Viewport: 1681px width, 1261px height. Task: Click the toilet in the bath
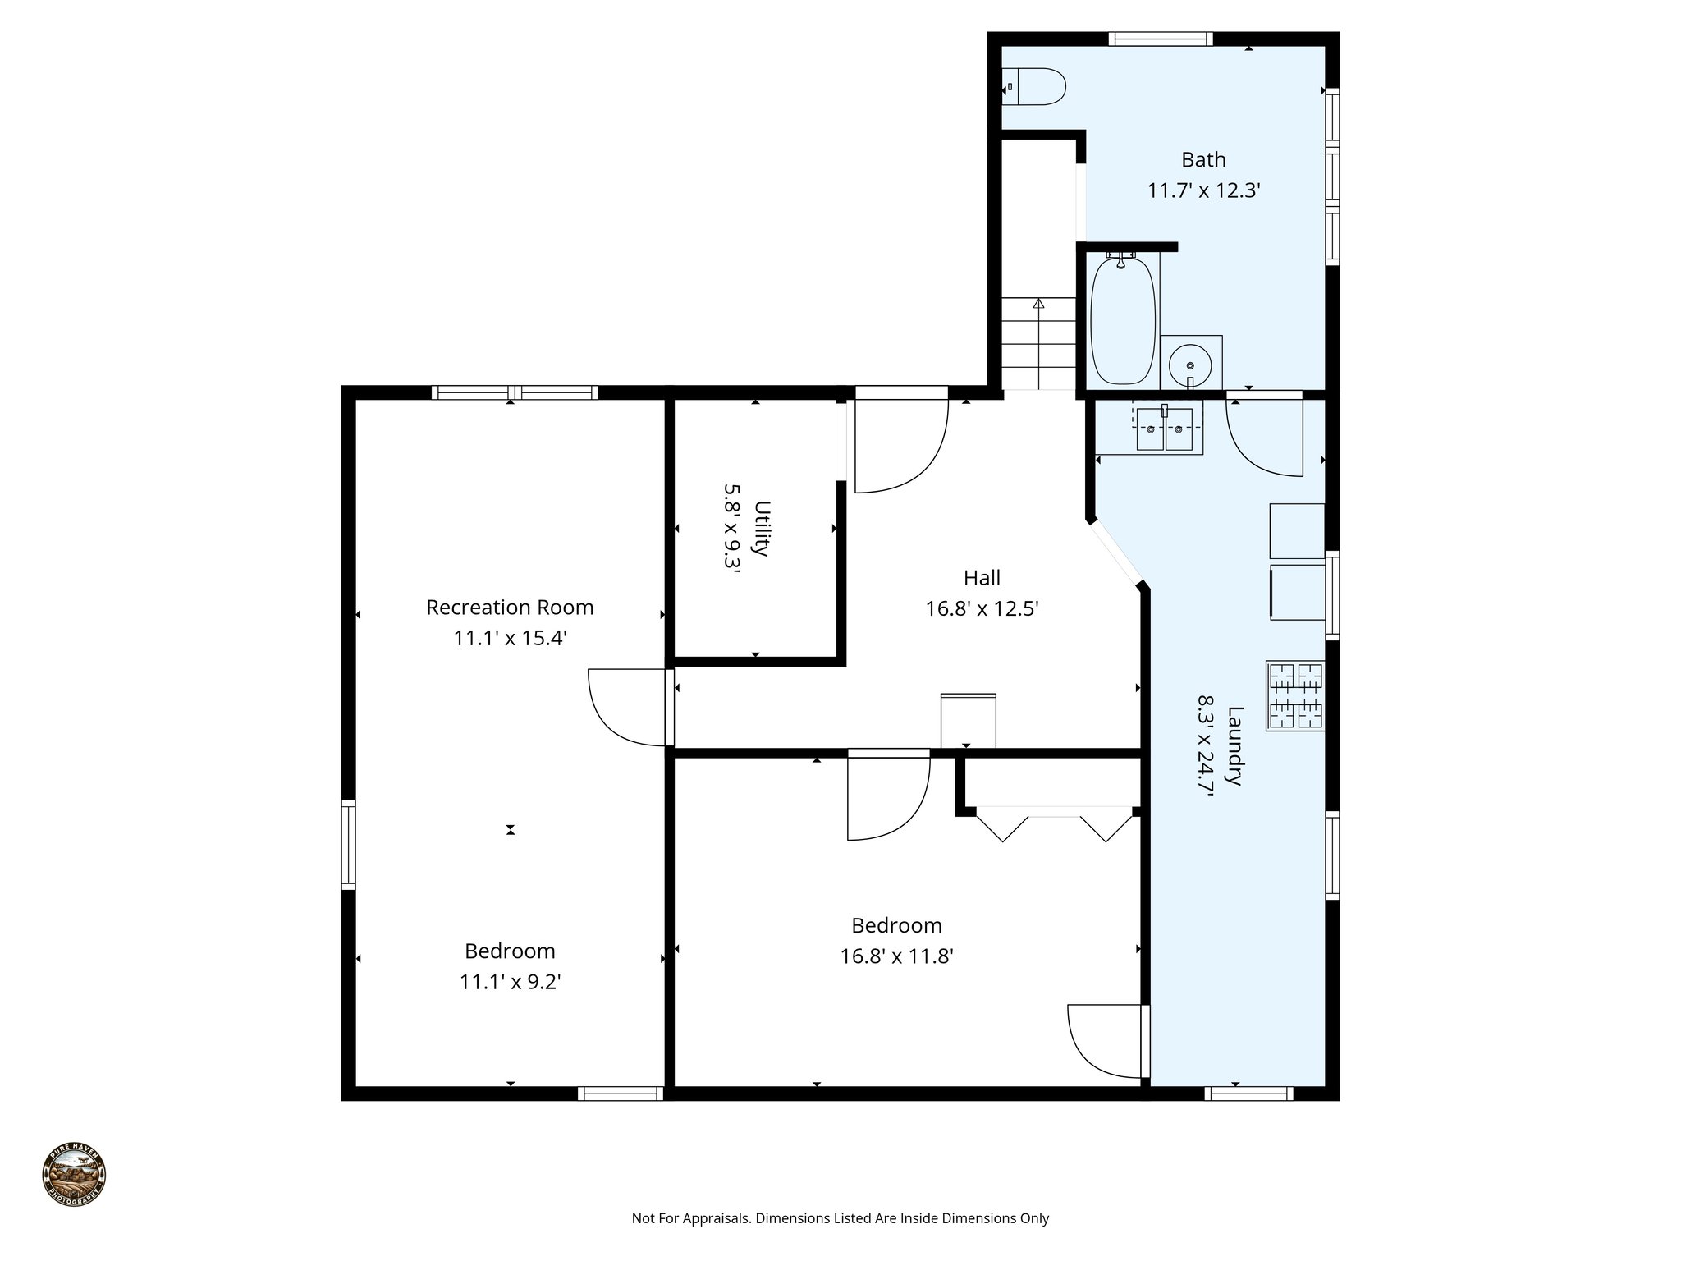(x=1035, y=86)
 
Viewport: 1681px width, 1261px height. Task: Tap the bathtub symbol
(x=1122, y=321)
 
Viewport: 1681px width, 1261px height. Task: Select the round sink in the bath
(x=1189, y=362)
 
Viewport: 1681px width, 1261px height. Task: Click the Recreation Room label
(x=510, y=607)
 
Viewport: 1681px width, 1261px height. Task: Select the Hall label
(x=982, y=578)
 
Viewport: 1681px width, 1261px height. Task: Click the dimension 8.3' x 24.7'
(x=1206, y=745)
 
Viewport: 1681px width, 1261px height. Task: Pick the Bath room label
(x=1203, y=159)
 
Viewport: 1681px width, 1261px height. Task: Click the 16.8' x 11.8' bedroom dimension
(x=896, y=956)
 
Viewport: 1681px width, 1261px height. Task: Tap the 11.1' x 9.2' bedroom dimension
(x=510, y=982)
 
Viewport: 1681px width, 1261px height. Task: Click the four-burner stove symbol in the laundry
(x=1295, y=695)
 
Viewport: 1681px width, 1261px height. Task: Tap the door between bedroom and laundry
(x=1104, y=1041)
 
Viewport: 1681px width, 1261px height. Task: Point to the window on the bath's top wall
(x=1160, y=39)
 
